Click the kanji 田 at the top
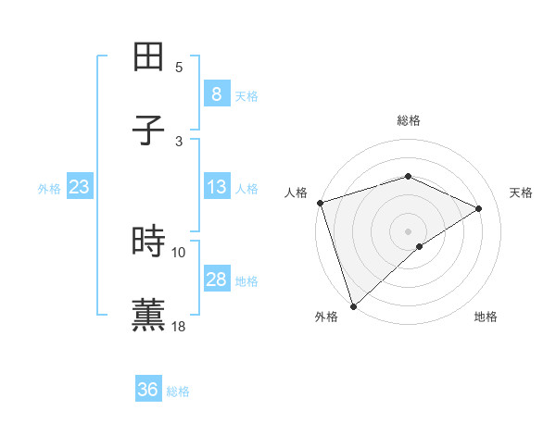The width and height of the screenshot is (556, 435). pyautogui.click(x=149, y=56)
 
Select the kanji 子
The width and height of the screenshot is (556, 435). pyautogui.click(x=149, y=130)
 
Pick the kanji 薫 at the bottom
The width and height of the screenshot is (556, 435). pyautogui.click(x=149, y=314)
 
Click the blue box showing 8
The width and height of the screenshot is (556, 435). pyautogui.click(x=216, y=94)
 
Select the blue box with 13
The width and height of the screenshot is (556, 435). pyautogui.click(x=216, y=187)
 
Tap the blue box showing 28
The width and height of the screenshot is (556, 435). pyautogui.click(x=216, y=280)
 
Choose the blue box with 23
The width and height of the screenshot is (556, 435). pyautogui.click(x=79, y=187)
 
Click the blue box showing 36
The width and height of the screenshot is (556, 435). pyautogui.click(x=147, y=390)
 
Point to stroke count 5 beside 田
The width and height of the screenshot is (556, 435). pyautogui.click(x=179, y=67)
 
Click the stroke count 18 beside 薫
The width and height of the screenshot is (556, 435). pyautogui.click(x=179, y=326)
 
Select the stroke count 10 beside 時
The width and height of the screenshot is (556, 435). pyautogui.click(x=179, y=252)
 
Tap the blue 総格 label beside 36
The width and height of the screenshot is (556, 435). pyautogui.click(x=178, y=391)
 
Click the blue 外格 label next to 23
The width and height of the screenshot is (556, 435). pyautogui.click(x=49, y=189)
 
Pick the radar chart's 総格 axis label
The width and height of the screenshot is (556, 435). pyautogui.click(x=409, y=120)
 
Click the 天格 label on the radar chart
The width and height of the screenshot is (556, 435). pyautogui.click(x=522, y=193)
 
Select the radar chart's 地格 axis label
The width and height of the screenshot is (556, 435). pyautogui.click(x=486, y=317)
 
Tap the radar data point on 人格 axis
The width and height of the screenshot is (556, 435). pyautogui.click(x=320, y=203)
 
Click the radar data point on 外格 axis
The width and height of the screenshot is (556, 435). pyautogui.click(x=353, y=305)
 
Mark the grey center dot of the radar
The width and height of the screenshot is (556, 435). pyautogui.click(x=408, y=230)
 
